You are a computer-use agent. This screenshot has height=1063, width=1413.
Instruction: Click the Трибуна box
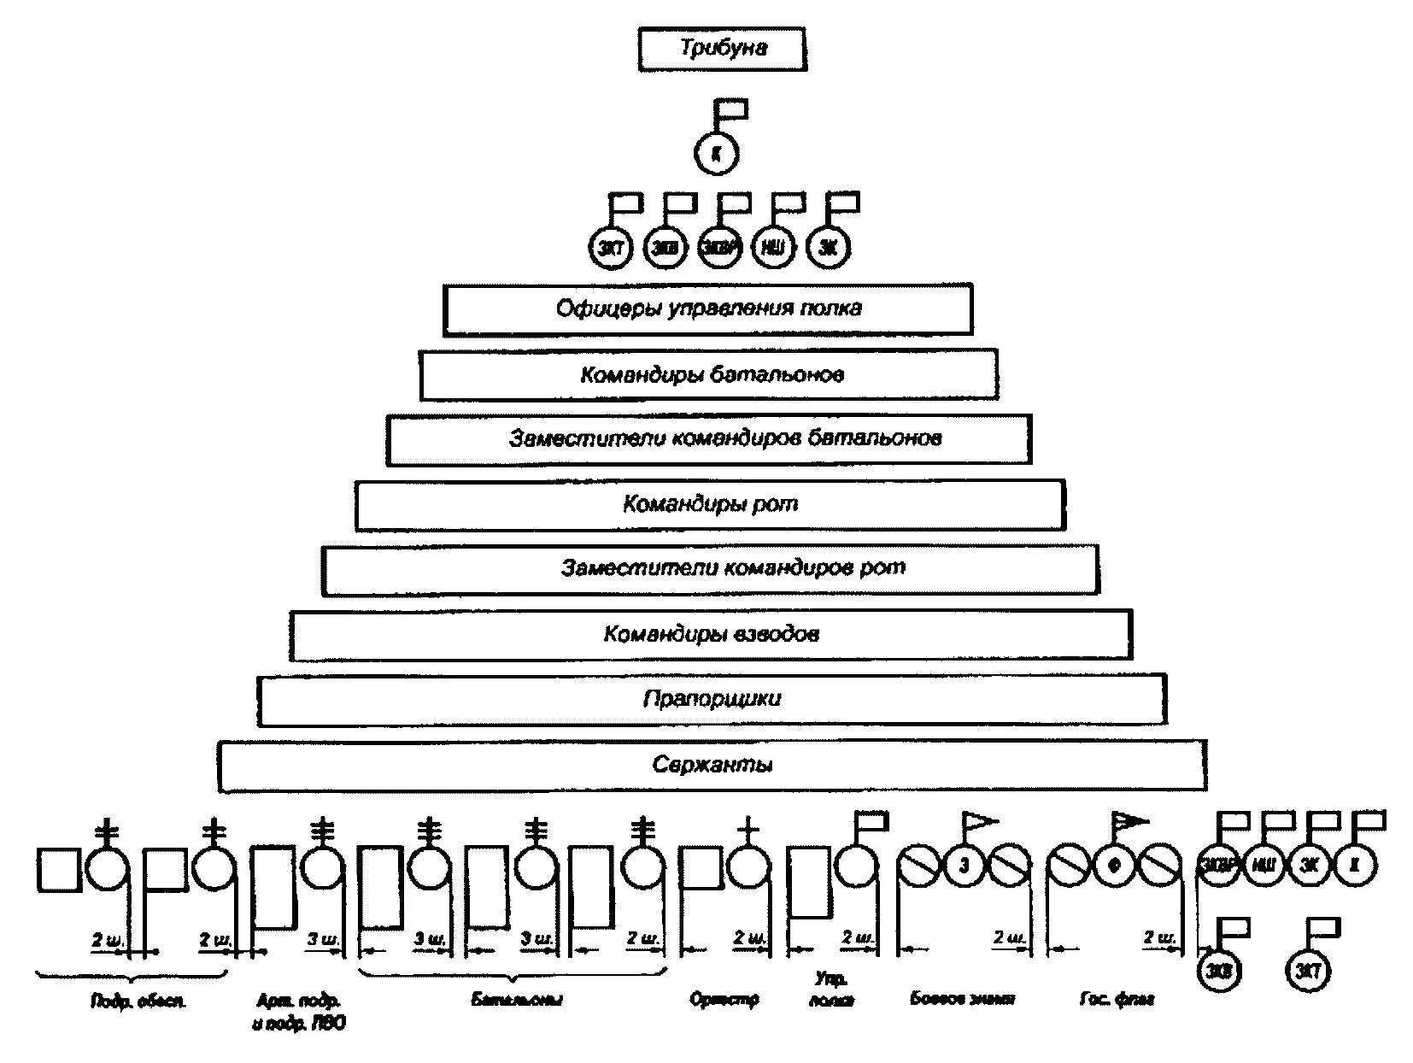722,49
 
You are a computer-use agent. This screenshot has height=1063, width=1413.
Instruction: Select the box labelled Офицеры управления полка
707,308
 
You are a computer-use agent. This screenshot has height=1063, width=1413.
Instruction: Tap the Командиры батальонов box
709,374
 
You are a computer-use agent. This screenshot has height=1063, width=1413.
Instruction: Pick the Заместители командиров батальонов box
708,439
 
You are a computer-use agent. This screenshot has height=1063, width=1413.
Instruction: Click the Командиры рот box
710,504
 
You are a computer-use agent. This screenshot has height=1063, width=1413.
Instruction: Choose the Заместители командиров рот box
710,569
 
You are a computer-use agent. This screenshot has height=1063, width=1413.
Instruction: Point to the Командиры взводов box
711,635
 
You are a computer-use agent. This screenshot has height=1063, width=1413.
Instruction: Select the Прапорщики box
712,700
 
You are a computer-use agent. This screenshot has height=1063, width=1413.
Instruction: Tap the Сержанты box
712,765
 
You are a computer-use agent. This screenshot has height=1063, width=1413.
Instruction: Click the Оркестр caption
724,999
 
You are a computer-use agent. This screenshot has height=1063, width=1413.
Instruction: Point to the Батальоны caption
516,999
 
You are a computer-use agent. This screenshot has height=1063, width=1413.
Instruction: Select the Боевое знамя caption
963,999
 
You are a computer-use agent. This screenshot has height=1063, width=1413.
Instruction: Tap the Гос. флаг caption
1116,999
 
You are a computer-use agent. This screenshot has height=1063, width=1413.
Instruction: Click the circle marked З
964,866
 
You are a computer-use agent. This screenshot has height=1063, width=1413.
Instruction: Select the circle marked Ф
1114,866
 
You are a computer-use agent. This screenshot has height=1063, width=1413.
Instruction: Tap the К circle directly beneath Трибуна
715,154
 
